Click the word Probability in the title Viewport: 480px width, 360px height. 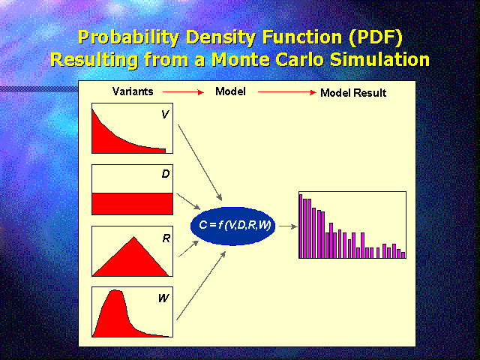pos(128,37)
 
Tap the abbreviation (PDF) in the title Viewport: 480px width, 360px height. pos(376,37)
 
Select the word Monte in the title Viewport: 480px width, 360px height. pos(241,59)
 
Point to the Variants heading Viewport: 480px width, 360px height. pos(133,91)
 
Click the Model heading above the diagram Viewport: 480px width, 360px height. pos(230,91)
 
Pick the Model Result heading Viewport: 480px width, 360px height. pos(353,93)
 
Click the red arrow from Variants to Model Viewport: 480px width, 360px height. pos(183,91)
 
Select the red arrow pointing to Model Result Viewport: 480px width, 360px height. pos(287,92)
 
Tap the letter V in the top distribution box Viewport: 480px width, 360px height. pos(165,115)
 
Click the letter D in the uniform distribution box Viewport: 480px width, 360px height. pos(166,174)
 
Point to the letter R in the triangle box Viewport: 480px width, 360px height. pos(166,238)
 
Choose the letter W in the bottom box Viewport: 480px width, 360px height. pos(163,298)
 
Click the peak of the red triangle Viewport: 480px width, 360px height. pos(134,237)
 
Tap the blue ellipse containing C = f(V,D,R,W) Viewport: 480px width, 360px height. pos(232,226)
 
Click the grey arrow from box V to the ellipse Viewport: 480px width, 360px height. pos(200,163)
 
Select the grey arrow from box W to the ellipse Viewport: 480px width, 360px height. pos(201,286)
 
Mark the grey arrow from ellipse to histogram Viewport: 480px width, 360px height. pos(288,226)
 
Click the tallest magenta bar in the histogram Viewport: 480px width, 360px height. pos(301,226)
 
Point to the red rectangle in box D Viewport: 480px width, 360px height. pos(132,203)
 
